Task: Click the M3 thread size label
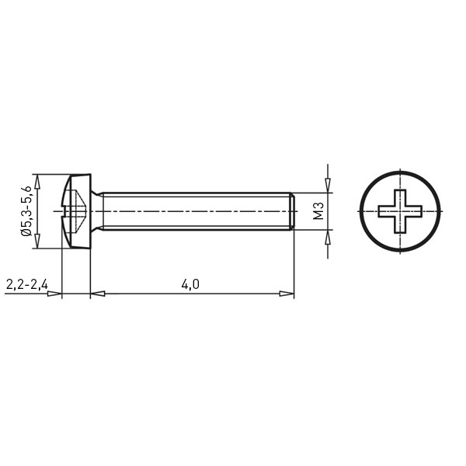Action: coord(318,210)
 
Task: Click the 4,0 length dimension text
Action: coord(190,285)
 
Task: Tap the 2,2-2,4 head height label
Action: coord(26,285)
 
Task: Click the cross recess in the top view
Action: coord(400,211)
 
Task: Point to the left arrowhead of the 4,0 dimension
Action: coord(98,294)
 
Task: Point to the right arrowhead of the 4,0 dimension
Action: coord(287,294)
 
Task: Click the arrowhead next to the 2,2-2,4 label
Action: coord(54,294)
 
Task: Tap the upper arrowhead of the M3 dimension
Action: coord(328,186)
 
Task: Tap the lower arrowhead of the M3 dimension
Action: coord(328,237)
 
